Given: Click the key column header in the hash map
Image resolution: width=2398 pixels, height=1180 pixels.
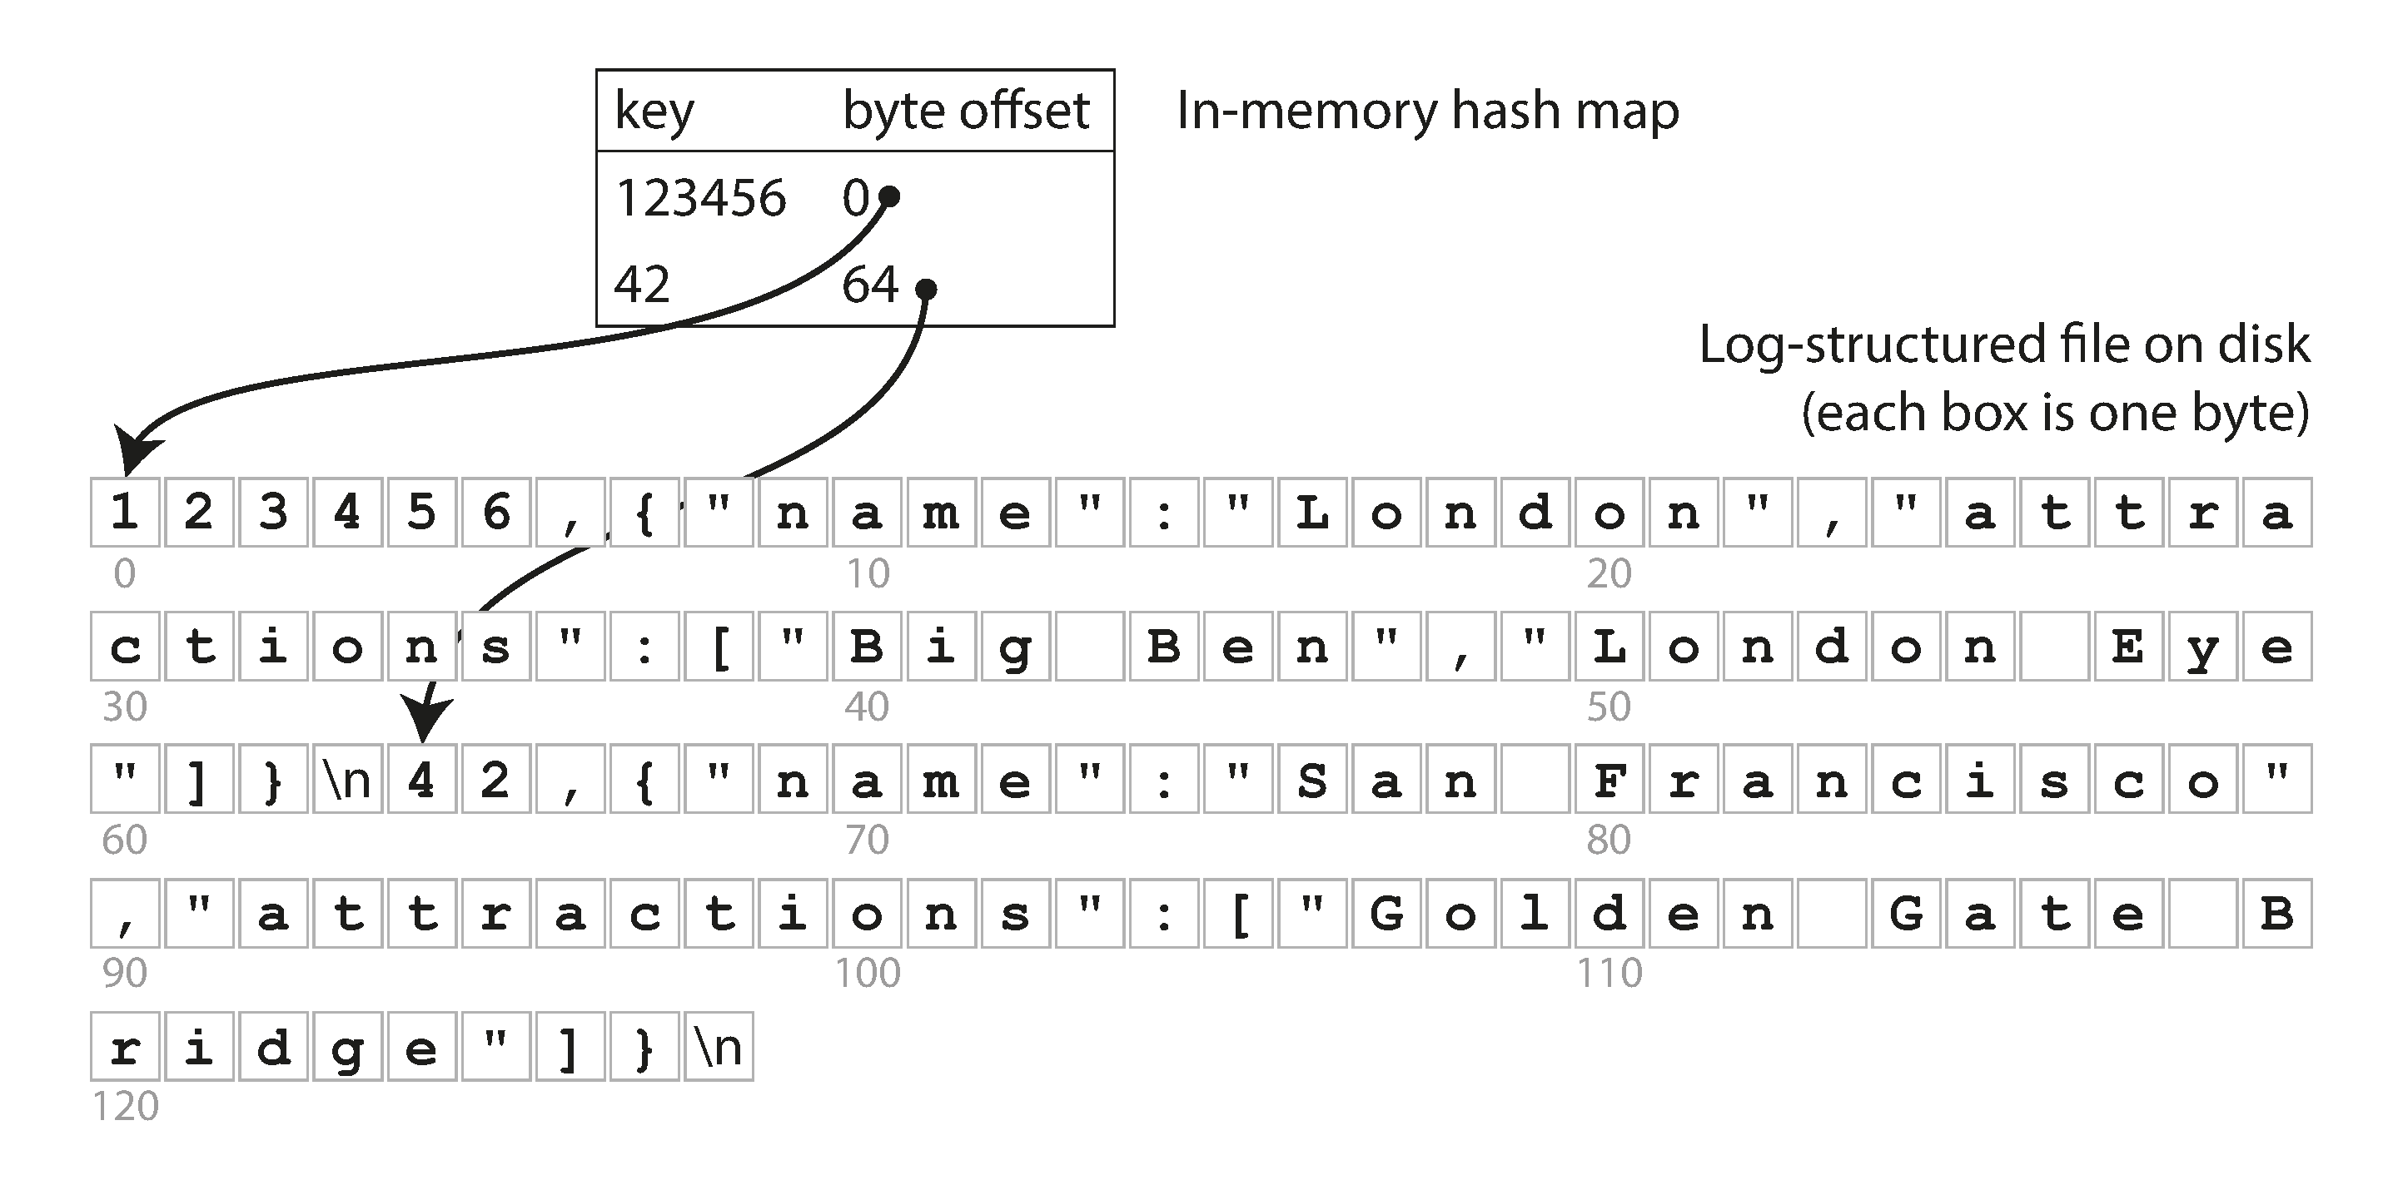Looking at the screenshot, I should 654,112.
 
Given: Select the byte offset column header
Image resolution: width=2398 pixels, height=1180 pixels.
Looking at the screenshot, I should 964,111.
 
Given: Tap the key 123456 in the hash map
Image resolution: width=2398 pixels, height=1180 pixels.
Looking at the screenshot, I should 700,198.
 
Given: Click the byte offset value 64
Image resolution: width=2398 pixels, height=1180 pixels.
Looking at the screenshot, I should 868,285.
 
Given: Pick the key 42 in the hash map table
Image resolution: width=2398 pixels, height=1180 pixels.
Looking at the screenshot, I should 641,285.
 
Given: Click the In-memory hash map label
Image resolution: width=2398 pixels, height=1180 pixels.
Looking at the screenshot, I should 1427,111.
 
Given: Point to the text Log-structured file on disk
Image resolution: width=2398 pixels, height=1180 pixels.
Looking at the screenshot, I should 2003,345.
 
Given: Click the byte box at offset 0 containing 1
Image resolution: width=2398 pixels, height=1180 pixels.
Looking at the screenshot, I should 125,512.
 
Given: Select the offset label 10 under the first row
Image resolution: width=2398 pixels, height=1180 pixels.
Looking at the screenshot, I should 867,574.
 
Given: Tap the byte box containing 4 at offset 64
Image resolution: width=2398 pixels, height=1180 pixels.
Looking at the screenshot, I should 421,779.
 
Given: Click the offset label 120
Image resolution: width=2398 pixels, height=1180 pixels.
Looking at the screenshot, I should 125,1107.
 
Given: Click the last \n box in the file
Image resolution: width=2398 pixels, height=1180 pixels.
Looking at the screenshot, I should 718,1047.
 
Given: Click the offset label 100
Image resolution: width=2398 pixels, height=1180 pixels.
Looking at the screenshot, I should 867,974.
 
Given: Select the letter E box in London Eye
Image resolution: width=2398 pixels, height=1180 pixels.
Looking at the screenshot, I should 2128,646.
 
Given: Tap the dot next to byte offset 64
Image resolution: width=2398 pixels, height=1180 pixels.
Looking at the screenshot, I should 925,290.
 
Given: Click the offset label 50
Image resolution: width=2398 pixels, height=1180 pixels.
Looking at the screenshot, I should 1609,707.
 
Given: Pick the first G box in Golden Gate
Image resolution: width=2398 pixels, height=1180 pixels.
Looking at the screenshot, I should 1386,913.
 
